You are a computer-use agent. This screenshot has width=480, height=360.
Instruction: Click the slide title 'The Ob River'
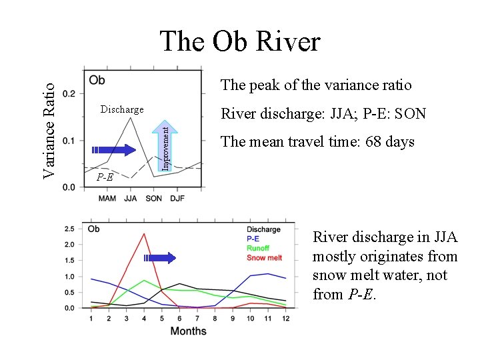click(240, 42)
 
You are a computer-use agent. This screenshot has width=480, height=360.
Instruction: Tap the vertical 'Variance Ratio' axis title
click(49, 125)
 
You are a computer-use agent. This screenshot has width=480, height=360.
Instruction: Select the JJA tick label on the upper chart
click(131, 198)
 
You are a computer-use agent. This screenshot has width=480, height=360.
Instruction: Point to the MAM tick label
click(108, 198)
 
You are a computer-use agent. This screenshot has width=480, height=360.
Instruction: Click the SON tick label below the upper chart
click(154, 198)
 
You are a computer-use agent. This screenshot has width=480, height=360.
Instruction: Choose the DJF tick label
click(177, 198)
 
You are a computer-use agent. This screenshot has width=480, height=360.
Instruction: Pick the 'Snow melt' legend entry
click(265, 257)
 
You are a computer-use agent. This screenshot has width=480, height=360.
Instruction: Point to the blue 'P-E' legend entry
click(253, 239)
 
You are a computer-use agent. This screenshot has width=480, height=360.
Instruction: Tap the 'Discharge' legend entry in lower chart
click(263, 229)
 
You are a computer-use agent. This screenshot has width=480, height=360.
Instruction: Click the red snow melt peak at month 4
click(144, 233)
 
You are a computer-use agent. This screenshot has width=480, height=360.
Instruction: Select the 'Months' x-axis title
click(188, 331)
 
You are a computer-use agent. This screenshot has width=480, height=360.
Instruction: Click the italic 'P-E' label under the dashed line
click(105, 177)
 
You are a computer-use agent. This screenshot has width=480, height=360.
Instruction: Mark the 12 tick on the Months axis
click(285, 317)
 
